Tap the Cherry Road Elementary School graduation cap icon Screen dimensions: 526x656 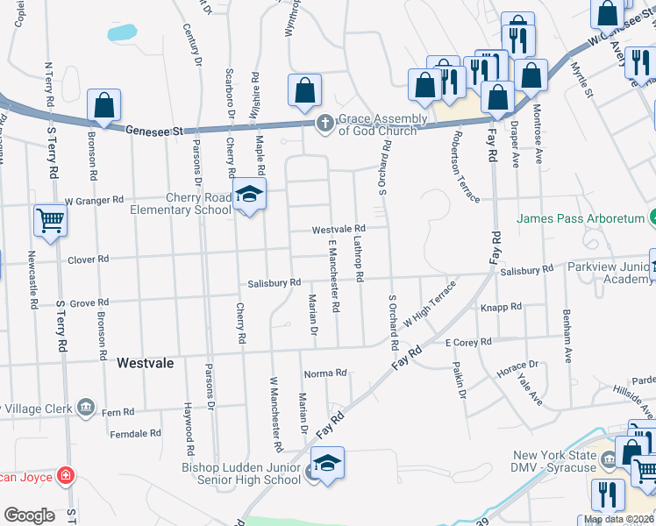tap(248, 194)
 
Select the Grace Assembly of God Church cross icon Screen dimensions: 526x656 tap(324, 123)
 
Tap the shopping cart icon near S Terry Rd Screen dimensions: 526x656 tap(50, 220)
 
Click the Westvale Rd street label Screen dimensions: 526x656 tap(339, 229)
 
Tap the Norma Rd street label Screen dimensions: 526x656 tap(325, 373)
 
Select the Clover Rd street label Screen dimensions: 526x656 tap(88, 259)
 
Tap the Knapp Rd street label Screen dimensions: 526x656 tap(502, 307)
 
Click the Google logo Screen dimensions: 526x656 tap(29, 515)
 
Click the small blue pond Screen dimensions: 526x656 tap(122, 32)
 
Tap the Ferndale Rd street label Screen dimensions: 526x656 tap(136, 433)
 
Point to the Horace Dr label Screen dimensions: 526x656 tap(517, 368)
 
